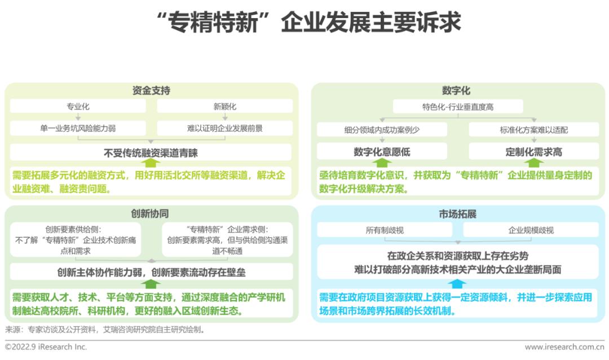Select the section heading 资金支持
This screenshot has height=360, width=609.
click(151, 91)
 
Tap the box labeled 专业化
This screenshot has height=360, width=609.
click(78, 106)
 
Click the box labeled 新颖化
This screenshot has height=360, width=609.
click(224, 106)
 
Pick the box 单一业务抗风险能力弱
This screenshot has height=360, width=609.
click(78, 128)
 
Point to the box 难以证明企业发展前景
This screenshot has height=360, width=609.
click(224, 128)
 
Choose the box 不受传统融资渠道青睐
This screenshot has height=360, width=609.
click(151, 152)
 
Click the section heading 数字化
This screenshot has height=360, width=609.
click(457, 91)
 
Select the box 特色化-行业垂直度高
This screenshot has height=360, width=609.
click(457, 107)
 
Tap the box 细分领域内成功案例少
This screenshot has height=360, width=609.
click(382, 130)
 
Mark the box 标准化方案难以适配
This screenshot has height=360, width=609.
click(533, 130)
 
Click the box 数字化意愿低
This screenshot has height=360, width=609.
click(382, 151)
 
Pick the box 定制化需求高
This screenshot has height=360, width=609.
click(533, 151)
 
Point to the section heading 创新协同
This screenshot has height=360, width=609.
click(151, 214)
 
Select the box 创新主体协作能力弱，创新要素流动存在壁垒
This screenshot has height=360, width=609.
click(151, 272)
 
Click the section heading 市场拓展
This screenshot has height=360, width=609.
click(457, 214)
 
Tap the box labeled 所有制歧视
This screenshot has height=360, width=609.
click(385, 230)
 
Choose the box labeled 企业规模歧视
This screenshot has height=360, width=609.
click(531, 230)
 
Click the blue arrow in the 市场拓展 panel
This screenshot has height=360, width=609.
click(457, 284)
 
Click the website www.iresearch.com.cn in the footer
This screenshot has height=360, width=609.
click(564, 347)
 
